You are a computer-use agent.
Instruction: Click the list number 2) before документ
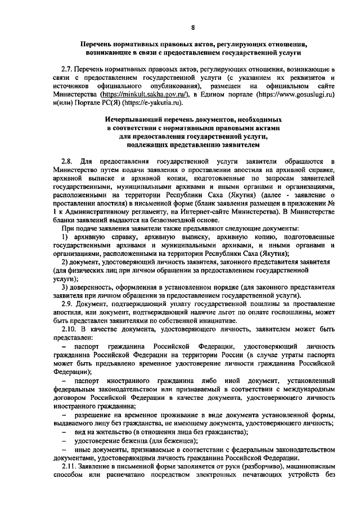point(65,263)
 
